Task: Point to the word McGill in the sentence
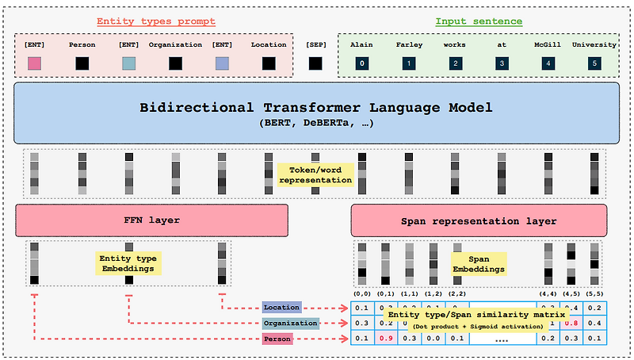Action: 548,45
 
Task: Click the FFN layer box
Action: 151,220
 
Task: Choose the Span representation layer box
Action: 478,220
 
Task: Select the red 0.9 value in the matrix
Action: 387,339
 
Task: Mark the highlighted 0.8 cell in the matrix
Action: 570,324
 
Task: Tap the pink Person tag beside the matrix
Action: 277,339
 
